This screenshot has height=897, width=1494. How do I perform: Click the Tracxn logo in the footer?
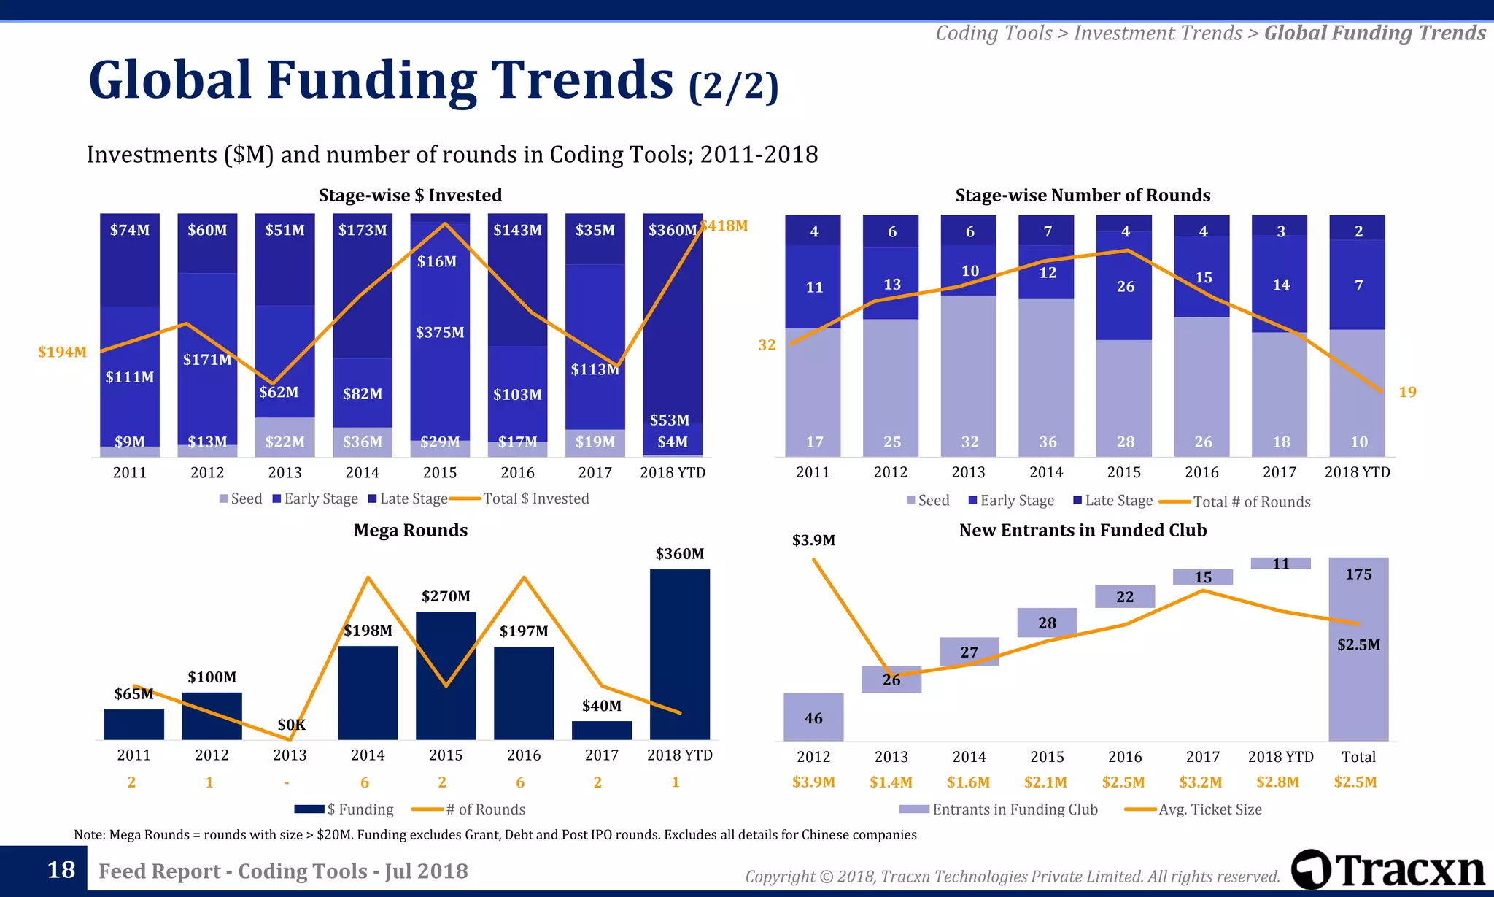[x=1387, y=870]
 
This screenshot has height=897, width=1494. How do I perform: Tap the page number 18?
[x=61, y=870]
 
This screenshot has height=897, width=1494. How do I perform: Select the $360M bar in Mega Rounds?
[x=679, y=654]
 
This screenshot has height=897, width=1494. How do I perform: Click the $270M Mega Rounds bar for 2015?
[x=446, y=675]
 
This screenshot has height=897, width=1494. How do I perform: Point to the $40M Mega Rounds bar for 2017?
[x=602, y=730]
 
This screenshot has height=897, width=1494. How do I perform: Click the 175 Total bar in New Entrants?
[x=1358, y=650]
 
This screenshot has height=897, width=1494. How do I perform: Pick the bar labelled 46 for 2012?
[x=813, y=717]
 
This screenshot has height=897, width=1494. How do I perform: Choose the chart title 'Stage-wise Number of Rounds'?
[x=1083, y=196]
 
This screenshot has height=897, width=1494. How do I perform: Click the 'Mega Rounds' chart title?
[x=411, y=531]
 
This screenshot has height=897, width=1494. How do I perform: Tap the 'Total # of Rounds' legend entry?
[x=1251, y=501]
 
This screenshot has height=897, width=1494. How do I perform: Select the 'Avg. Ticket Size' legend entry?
[x=1209, y=809]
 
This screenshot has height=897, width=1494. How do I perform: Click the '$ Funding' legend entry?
[x=360, y=809]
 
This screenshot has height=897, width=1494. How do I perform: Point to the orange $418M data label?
[x=725, y=226]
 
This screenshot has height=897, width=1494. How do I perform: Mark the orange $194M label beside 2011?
[x=62, y=352]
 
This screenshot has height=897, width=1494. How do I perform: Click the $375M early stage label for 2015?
[x=440, y=333]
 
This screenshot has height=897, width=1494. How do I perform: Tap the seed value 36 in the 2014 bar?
[x=1048, y=442]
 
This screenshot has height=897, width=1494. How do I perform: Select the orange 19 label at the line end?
[x=1407, y=392]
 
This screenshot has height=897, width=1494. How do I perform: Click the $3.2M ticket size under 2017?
[x=1201, y=782]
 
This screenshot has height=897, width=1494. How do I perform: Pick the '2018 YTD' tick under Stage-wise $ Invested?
[x=673, y=473]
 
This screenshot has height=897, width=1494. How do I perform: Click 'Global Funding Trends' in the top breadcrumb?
[x=1374, y=34]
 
